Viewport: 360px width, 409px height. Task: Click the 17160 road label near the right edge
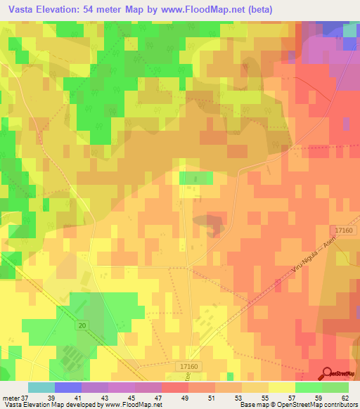coord(343,230)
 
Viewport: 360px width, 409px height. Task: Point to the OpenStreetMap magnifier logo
coord(328,374)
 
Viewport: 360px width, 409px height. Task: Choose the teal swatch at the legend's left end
coord(41,387)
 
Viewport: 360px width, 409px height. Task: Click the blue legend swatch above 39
coord(67,387)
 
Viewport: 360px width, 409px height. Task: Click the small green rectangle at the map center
coord(196,178)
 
